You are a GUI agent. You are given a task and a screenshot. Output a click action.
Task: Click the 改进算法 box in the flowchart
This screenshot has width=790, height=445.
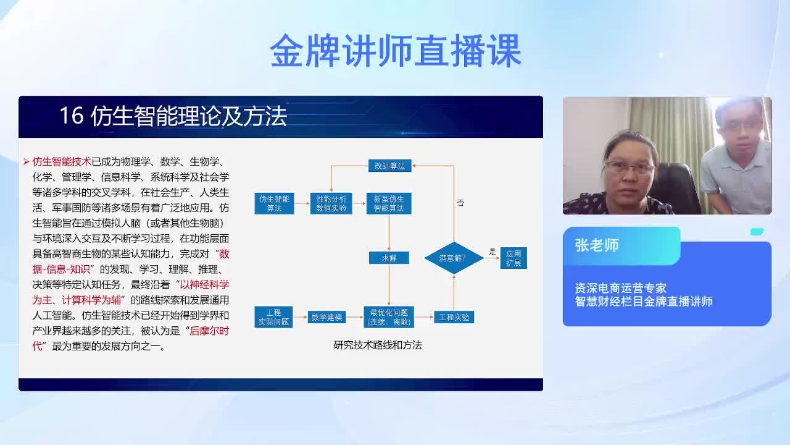389,166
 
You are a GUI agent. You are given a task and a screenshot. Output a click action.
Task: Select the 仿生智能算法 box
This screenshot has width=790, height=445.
274,203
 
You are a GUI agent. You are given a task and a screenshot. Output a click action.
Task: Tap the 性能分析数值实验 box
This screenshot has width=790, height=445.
331,203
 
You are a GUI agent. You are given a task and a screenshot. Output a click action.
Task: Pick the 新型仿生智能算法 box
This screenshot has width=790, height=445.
389,203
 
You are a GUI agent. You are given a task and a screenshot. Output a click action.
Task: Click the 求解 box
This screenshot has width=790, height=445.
389,258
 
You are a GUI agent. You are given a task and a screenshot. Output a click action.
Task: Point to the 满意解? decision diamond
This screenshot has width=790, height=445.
454,258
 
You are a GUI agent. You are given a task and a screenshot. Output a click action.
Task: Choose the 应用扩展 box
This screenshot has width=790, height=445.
513,258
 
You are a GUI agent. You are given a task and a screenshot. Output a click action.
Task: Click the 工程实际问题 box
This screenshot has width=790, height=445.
273,317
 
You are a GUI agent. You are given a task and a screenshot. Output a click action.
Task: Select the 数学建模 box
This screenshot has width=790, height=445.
326,317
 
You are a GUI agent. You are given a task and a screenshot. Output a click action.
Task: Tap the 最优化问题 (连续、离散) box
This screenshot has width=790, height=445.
389,317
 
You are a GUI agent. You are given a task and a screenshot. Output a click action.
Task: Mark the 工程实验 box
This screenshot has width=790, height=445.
454,317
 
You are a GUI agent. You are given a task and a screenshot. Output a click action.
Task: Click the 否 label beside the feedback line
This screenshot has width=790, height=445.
460,203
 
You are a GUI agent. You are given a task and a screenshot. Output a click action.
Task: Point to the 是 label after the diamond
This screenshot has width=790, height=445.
493,252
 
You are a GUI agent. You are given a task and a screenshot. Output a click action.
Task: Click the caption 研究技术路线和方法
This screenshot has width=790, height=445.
378,345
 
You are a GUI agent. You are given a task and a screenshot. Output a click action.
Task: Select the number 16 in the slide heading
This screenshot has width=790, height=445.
72,116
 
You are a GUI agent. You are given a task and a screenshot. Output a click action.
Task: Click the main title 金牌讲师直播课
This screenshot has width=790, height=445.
396,51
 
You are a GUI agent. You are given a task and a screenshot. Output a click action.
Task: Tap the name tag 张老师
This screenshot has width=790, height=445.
597,245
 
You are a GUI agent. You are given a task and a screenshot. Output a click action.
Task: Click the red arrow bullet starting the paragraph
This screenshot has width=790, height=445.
27,162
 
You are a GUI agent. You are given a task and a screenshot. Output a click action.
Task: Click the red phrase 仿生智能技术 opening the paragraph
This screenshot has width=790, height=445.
62,162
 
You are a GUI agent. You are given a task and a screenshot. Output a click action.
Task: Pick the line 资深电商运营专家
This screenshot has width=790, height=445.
621,288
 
